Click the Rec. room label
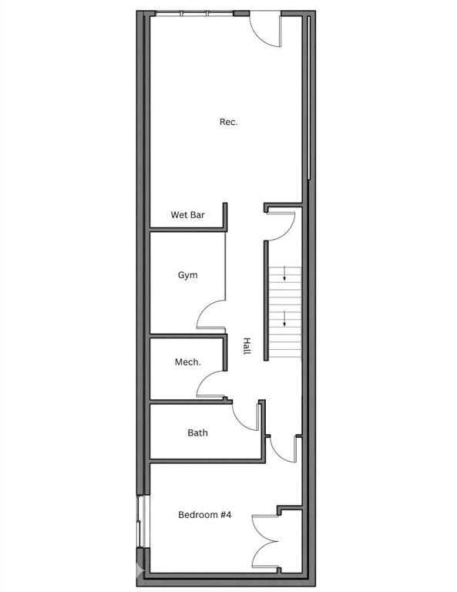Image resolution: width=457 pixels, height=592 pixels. click(x=228, y=122)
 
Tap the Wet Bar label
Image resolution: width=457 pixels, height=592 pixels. click(x=187, y=215)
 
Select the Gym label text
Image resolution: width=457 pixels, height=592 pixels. click(x=187, y=275)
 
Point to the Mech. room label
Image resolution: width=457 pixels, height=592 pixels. click(x=187, y=362)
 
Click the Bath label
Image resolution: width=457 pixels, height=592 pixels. click(x=197, y=432)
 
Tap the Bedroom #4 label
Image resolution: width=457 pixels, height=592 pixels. click(x=204, y=515)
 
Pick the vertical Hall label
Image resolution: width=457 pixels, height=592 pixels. click(x=247, y=346)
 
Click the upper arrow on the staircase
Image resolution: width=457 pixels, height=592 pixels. click(x=284, y=274)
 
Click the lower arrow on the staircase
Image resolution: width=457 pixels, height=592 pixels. click(x=284, y=319)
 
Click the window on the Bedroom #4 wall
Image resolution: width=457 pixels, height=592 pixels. click(x=143, y=521)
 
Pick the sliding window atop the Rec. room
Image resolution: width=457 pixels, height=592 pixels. click(x=195, y=14)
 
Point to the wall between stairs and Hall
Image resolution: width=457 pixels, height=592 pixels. click(x=266, y=301)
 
